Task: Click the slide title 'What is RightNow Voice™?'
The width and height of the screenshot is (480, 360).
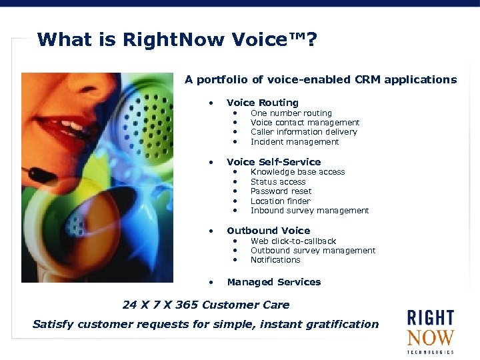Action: coord(177,41)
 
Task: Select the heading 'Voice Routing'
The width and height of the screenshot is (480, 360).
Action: coord(262,103)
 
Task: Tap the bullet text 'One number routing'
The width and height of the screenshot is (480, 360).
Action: coord(291,113)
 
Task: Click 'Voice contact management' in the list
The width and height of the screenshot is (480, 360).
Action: coord(305,123)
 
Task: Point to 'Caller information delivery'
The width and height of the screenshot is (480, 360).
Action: coord(303,132)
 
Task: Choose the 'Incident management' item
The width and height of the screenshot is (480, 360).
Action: coord(294,142)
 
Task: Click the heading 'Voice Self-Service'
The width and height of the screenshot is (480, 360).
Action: coord(273,162)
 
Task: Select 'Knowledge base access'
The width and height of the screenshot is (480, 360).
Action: coord(297,172)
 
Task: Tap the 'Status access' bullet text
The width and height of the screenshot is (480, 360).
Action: coord(277,182)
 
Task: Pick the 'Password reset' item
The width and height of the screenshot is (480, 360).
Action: coord(281,191)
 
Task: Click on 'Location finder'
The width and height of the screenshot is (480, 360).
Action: coord(280,201)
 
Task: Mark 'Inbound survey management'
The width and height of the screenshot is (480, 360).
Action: coord(309,211)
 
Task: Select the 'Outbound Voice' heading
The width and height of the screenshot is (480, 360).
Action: coord(268,231)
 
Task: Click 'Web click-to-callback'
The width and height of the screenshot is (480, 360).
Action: coord(293,241)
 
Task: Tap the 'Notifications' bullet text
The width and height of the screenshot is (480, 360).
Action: coord(275,260)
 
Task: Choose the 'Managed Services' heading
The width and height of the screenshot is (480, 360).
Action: coord(273,282)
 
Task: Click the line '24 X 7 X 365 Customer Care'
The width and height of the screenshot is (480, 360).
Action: coord(206,305)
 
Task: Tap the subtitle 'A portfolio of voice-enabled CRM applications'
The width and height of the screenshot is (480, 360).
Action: coord(321,80)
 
